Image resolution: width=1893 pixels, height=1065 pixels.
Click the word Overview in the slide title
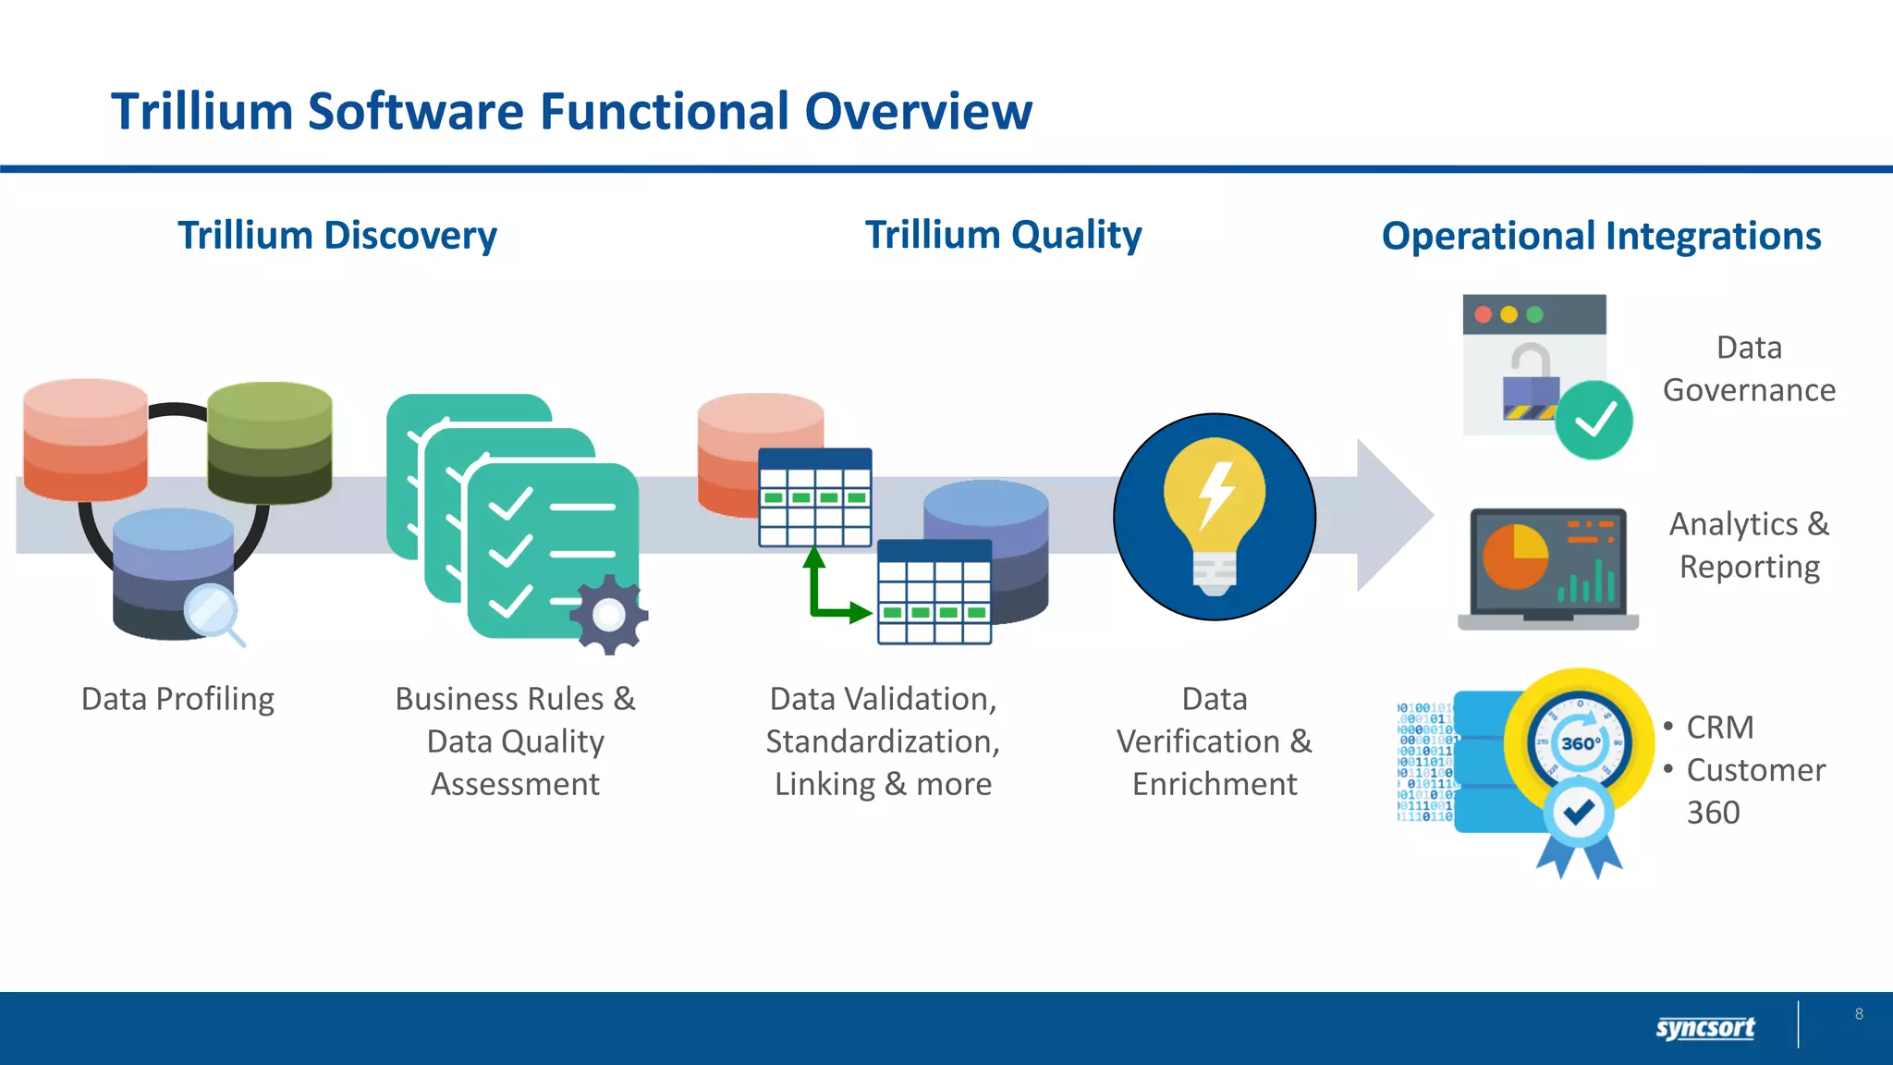[918, 112]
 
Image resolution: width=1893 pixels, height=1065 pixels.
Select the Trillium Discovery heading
[337, 236]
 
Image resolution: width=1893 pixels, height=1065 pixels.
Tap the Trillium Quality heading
[1003, 235]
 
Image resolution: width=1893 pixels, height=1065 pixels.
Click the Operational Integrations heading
[1601, 236]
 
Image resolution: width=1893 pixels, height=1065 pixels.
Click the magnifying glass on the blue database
[212, 611]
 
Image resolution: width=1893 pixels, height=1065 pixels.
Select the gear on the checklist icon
[609, 615]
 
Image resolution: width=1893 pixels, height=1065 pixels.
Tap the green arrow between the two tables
[827, 592]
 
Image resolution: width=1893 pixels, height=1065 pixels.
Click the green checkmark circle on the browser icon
[1594, 421]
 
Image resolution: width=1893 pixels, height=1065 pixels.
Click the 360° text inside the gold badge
[1580, 743]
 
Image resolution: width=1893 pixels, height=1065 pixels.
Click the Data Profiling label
[177, 699]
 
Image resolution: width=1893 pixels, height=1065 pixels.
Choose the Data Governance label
[1749, 369]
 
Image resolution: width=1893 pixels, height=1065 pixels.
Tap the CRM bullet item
[1719, 728]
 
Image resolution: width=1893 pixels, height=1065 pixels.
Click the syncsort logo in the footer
[1704, 1027]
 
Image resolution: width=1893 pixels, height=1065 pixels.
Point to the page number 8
[1859, 1014]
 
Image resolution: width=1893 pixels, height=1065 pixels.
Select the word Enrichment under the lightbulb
[1215, 784]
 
